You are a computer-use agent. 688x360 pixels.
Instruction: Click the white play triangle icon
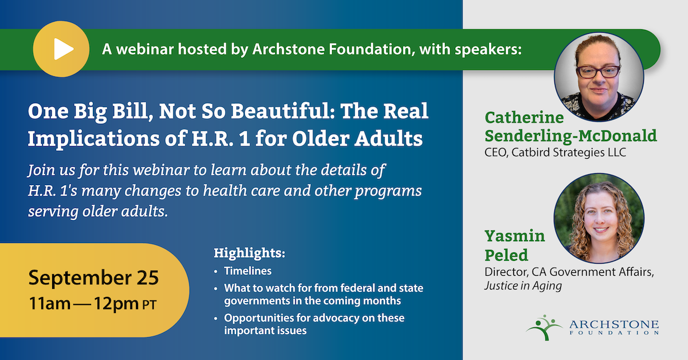[64, 49]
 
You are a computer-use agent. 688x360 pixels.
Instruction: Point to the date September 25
[93, 277]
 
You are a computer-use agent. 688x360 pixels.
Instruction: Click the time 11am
[50, 303]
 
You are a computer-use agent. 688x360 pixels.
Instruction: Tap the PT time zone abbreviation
[149, 305]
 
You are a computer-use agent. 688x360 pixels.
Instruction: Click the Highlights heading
[249, 253]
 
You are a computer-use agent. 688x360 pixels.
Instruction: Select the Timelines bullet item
[248, 271]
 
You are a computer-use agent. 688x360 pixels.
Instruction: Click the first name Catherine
[524, 118]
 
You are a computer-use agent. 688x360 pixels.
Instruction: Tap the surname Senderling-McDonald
[570, 136]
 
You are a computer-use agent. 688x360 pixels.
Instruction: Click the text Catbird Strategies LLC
[569, 152]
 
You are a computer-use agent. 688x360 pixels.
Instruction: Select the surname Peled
[506, 255]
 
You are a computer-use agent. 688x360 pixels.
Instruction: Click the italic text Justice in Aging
[523, 286]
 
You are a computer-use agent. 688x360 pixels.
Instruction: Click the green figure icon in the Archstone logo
[544, 327]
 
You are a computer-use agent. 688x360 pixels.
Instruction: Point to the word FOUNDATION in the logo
[614, 332]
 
